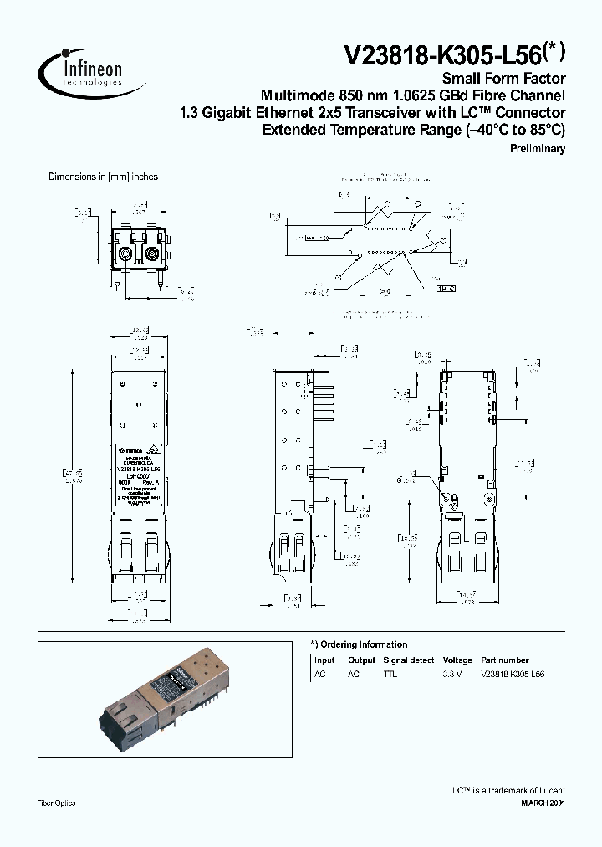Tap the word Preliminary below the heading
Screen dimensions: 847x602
538,149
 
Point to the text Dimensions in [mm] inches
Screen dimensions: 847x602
103,177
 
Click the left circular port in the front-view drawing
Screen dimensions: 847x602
125,254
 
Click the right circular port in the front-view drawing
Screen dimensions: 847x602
153,254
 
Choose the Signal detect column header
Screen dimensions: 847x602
409,660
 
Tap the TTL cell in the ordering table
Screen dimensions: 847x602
390,673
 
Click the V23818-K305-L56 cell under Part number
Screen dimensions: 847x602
513,673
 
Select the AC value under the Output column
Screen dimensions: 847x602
354,673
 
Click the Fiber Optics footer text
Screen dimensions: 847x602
57,803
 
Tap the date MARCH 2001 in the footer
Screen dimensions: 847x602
543,803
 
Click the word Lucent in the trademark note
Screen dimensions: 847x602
548,790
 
